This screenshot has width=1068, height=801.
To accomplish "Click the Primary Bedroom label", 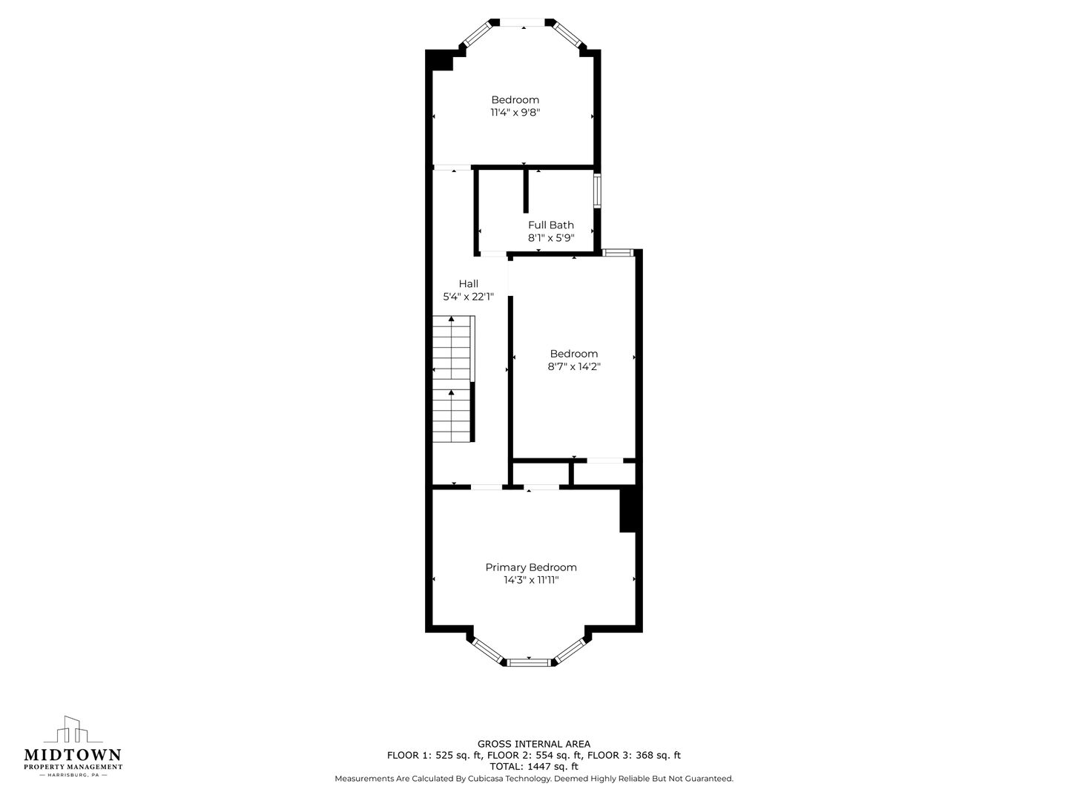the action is pos(531,567).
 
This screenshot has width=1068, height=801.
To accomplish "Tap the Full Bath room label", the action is pos(551,225).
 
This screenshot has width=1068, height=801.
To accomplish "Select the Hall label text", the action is pos(469,283).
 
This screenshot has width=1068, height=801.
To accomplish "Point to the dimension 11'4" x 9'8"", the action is pos(515,112).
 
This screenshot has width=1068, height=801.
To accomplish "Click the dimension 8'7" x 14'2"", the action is pos(574,366).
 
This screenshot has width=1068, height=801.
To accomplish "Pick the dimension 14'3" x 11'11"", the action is pos(531,580).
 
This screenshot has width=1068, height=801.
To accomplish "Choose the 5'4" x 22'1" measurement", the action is pos(468,297).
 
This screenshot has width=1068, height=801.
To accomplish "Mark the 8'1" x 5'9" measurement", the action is pos(551,238).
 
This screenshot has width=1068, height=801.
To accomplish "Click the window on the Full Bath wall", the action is pos(597,191).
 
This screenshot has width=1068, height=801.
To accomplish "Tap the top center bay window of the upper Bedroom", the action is pos(523,22).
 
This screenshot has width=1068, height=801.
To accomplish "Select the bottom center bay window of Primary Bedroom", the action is pos(529,662).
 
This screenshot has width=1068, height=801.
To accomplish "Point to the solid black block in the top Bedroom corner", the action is pos(440,60).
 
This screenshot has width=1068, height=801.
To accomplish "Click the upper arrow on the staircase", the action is pos(452,319).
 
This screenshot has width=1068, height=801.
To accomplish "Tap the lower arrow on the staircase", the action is pos(452,392).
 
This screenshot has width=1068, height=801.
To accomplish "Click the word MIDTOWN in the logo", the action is pos(73,755).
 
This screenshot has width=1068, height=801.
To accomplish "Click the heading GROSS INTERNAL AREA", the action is pos(534,744).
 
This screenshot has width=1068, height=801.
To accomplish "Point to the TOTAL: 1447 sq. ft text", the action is pos(534,767).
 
